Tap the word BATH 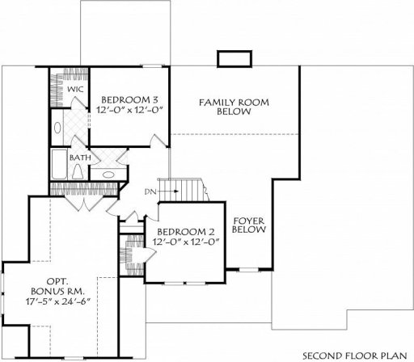coord(79,157)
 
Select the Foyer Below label coord(245,225)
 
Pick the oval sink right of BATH coord(109,173)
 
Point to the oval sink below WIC coord(57,127)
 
